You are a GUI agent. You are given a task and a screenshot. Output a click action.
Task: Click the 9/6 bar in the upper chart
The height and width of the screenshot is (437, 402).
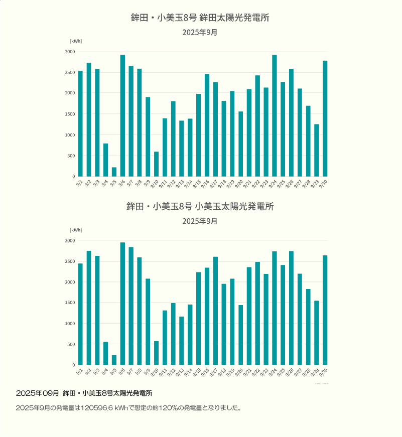tap(122, 116)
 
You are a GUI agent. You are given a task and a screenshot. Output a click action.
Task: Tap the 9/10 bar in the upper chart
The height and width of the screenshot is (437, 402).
tap(156, 164)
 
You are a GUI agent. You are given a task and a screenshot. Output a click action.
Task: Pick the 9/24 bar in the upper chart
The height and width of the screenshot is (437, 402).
tap(275, 116)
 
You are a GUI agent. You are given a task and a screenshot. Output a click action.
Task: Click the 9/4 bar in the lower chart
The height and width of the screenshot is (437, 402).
tap(105, 353)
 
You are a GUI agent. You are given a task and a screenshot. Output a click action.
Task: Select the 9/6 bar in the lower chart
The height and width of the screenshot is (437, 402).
tap(122, 304)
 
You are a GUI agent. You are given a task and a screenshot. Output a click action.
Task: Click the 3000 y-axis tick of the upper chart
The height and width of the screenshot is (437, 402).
tap(70, 52)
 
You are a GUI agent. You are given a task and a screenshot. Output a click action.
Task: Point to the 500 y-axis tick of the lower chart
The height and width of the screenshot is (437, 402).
tap(71, 344)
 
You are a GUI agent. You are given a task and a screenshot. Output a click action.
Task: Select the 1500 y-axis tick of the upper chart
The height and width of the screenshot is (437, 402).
tap(70, 114)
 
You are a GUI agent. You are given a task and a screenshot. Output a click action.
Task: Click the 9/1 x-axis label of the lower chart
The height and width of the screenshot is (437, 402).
tap(79, 372)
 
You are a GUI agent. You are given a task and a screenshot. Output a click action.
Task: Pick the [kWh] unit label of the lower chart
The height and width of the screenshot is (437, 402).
tap(76, 230)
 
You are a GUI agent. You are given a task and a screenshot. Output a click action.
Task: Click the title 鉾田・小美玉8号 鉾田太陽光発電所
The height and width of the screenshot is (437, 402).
tap(200, 18)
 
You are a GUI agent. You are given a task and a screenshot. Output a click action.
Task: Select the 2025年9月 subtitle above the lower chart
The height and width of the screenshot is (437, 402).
tap(200, 221)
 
